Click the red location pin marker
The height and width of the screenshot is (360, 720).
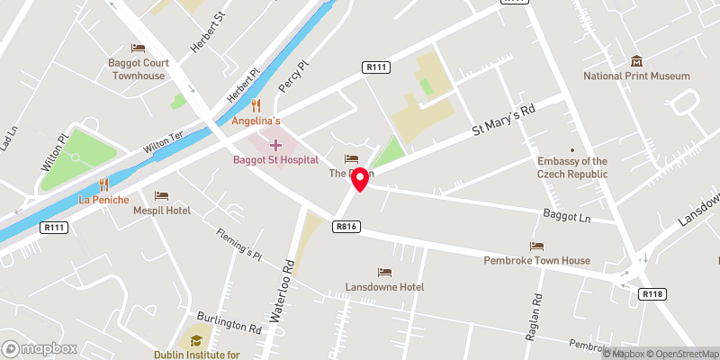[x=360, y=179]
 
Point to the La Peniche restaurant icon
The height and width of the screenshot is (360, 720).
[x=103, y=183]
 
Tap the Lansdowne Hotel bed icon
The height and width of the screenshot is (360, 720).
[x=384, y=272]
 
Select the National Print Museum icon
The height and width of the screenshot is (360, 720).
[x=637, y=61]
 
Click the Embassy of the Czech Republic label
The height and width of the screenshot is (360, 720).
[x=571, y=166]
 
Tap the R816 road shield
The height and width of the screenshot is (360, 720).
[x=347, y=226]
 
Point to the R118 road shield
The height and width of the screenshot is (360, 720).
[x=652, y=293]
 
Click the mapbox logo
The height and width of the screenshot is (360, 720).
[x=40, y=348]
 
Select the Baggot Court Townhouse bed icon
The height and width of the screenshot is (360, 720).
[x=138, y=48]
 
